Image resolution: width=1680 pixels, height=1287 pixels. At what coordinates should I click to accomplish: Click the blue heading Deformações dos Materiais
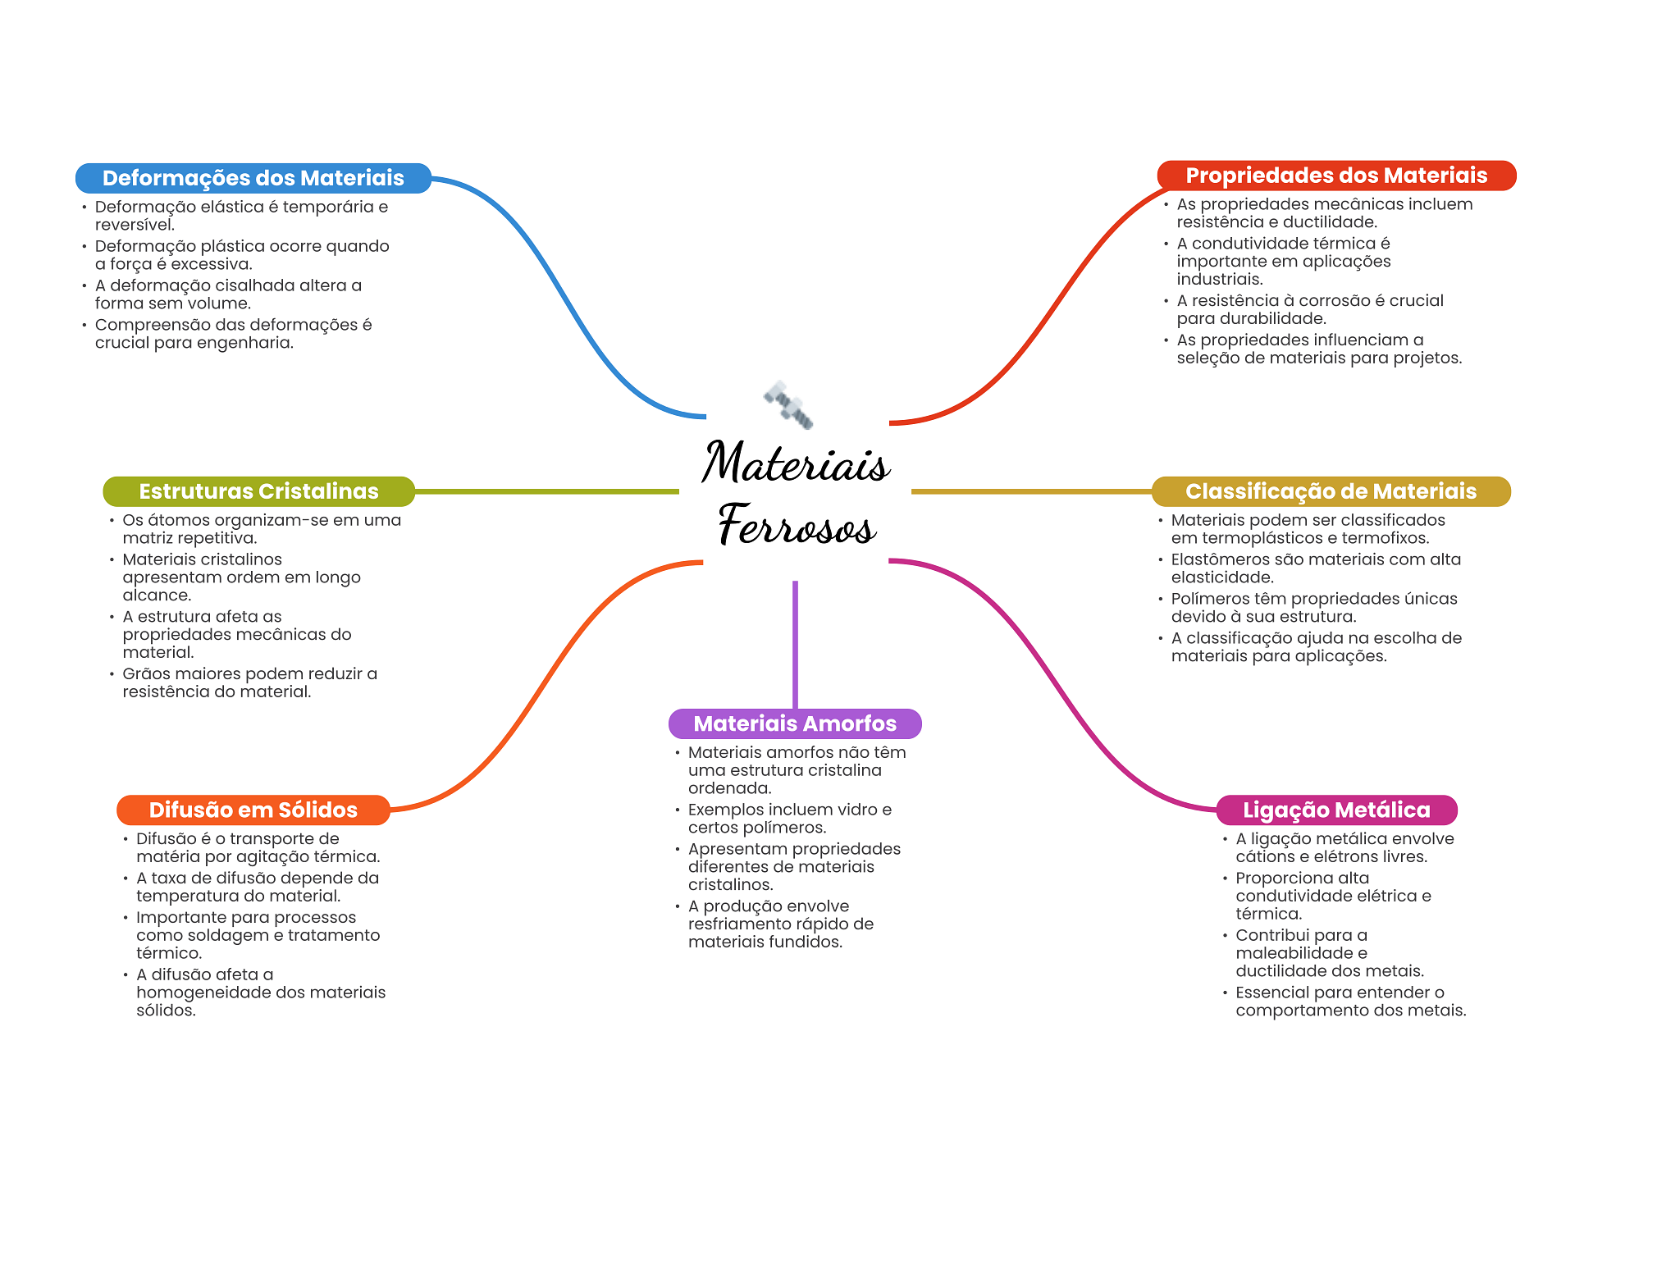pos(253,178)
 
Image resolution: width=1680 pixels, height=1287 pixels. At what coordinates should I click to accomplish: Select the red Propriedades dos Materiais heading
pos(1336,176)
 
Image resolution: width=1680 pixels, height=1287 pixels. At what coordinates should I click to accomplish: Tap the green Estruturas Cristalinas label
pos(258,491)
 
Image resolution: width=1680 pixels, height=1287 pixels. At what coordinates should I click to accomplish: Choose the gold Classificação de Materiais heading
pos(1331,491)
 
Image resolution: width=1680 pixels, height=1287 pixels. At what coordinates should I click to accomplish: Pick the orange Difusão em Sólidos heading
pos(253,810)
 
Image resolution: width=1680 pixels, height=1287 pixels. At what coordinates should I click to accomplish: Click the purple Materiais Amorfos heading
pos(795,723)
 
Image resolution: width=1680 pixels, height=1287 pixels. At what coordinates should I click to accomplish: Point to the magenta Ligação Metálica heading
pos(1336,810)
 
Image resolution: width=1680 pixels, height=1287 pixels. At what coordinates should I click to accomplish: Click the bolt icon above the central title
pos(788,404)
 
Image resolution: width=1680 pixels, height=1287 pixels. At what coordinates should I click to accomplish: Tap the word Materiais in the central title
pos(796,463)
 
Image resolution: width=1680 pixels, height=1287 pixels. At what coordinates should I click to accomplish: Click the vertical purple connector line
pos(795,645)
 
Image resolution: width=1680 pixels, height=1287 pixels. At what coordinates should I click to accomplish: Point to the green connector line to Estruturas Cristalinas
pos(547,491)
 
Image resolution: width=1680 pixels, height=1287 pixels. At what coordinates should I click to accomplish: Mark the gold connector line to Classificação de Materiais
pos(1031,491)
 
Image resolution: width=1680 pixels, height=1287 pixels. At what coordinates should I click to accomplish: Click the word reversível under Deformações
pos(135,225)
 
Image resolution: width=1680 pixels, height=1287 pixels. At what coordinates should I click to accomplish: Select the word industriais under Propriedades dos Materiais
pos(1220,279)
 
